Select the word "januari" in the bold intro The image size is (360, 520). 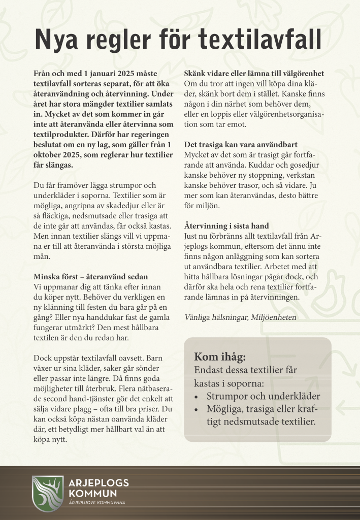coord(93,73)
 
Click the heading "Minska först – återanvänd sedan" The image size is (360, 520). coord(90,277)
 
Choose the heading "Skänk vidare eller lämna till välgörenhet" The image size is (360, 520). coord(254,73)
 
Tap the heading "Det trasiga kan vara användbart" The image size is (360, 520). coord(241,145)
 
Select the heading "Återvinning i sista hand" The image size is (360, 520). coord(226,225)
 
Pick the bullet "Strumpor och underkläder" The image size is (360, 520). coord(263,396)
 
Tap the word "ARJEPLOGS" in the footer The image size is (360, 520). coord(99,483)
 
